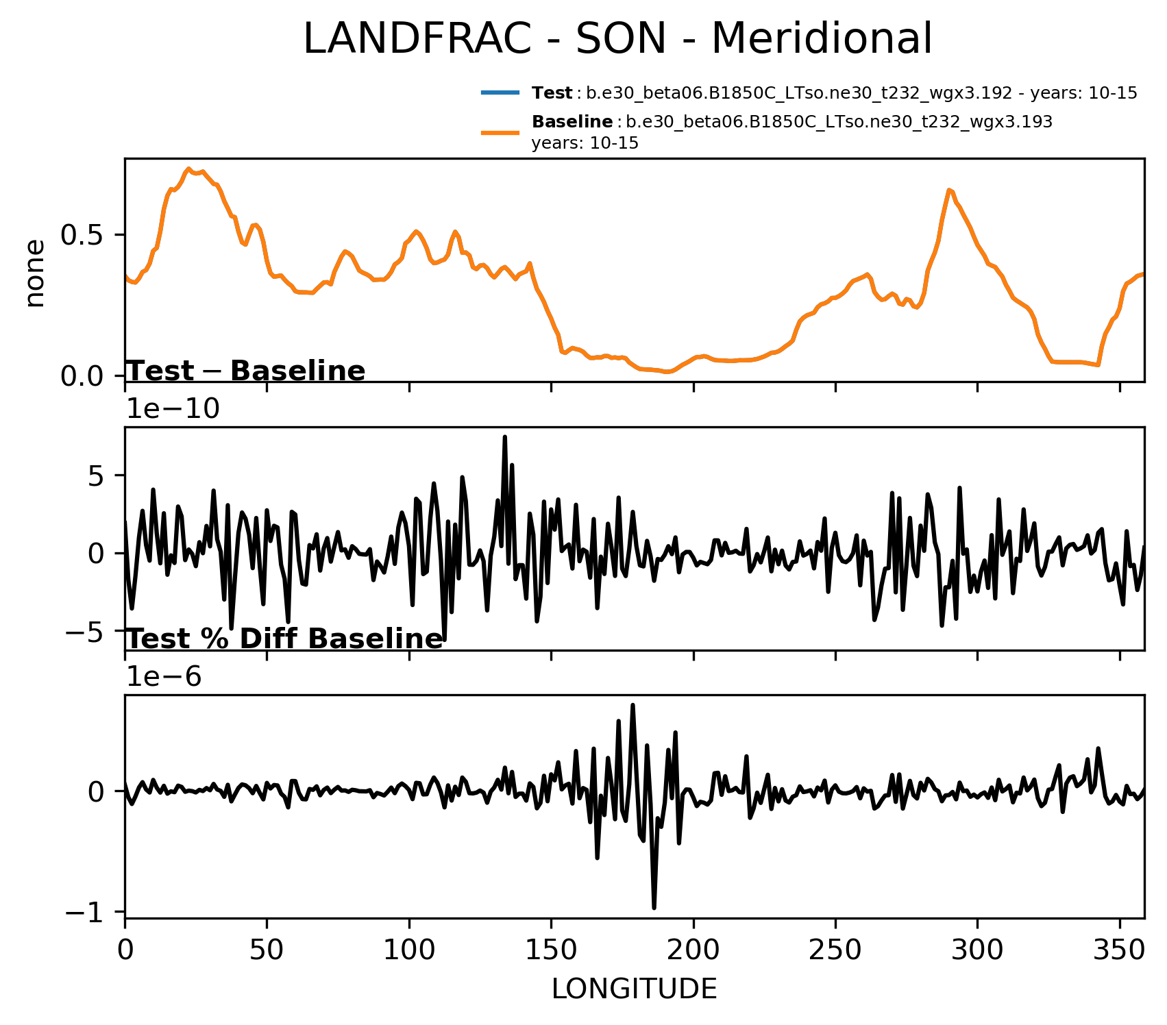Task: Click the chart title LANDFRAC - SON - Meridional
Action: [617, 39]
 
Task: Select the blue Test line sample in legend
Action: [500, 92]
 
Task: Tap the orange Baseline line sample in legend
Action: [500, 132]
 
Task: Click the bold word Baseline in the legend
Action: [572, 122]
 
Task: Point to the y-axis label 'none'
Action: [34, 273]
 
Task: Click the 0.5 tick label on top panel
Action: [83, 235]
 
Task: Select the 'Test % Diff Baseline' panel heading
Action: [285, 639]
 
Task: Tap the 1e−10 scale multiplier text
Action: [173, 409]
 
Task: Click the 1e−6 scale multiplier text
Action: [164, 677]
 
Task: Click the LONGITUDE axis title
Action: [634, 989]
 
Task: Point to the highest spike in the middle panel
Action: [504, 436]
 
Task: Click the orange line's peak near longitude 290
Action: [949, 190]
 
